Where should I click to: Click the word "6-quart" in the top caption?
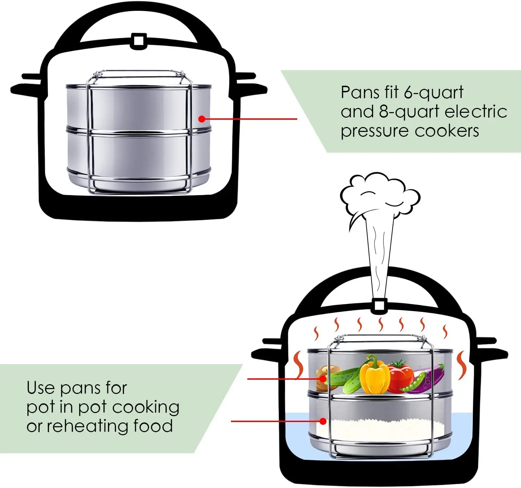click(433, 93)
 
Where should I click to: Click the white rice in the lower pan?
click(382, 427)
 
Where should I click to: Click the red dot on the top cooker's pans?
click(202, 119)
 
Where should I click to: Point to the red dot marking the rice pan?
click(323, 421)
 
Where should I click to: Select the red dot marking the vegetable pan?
click(323, 379)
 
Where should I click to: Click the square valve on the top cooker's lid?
click(138, 41)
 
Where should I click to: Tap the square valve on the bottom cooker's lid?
click(379, 305)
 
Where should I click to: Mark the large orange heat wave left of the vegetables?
click(298, 364)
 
